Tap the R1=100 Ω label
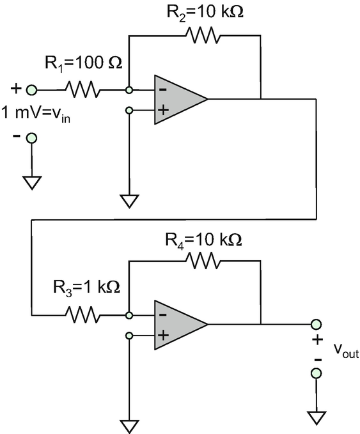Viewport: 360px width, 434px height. pyautogui.click(x=83, y=64)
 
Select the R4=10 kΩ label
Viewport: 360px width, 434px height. pyautogui.click(x=203, y=240)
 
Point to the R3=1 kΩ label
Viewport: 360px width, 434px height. pyautogui.click(x=86, y=288)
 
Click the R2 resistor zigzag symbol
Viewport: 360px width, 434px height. pyautogui.click(x=203, y=35)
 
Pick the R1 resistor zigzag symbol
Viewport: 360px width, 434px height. pyautogui.click(x=82, y=89)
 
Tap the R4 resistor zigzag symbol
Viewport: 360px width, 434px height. pyautogui.click(x=203, y=260)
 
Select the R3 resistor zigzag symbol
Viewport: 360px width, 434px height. pyautogui.click(x=82, y=314)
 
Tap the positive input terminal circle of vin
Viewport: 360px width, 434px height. pyautogui.click(x=31, y=90)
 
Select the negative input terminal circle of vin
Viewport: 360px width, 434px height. pyautogui.click(x=31, y=138)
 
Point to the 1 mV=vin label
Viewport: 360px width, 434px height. pyautogui.click(x=36, y=114)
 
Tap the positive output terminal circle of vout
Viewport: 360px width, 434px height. pyautogui.click(x=317, y=324)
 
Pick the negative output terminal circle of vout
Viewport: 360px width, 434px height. pyautogui.click(x=317, y=373)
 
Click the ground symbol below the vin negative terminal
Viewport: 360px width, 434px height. pyautogui.click(x=32, y=182)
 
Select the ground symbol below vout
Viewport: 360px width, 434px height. pyautogui.click(x=317, y=418)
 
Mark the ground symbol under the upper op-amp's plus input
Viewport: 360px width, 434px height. pyautogui.click(x=129, y=201)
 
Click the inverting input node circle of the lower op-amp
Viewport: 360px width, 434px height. pyautogui.click(x=129, y=315)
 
